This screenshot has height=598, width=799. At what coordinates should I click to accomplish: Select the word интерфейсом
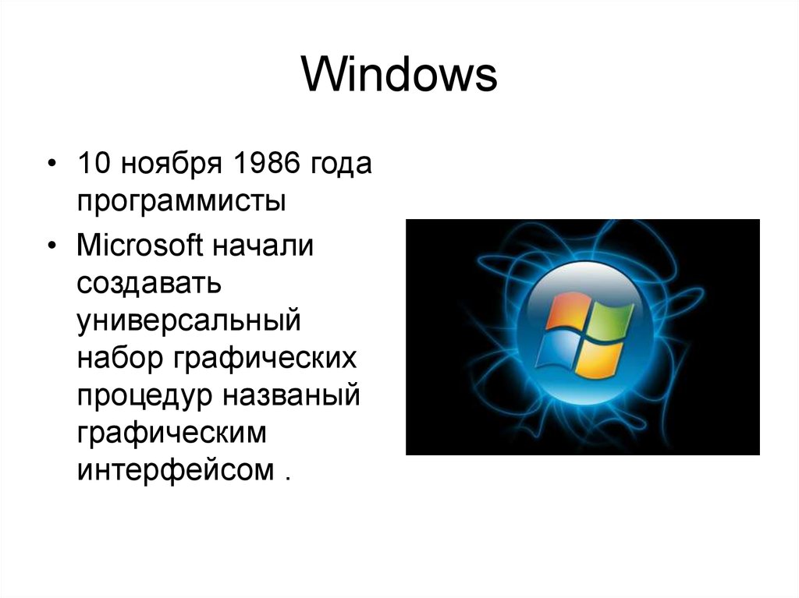pyautogui.click(x=175, y=470)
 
